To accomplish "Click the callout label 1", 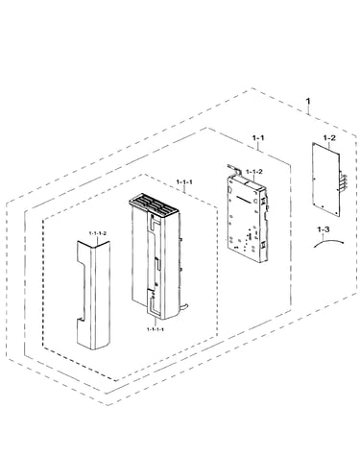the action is tap(308, 101).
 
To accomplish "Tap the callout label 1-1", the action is tap(258, 138).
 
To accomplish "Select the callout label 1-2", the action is tap(329, 138).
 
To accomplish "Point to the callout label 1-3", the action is tap(324, 229).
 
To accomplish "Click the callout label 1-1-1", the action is tap(184, 182).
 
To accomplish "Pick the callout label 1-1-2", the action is tap(254, 172).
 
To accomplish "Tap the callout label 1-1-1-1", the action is tap(156, 329).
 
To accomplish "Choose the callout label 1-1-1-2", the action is tap(97, 233).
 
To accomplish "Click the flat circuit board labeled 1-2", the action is tap(325, 180).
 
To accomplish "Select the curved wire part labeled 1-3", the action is tap(328, 241).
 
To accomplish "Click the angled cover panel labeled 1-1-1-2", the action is tap(93, 295).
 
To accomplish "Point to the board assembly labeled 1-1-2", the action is tap(248, 218).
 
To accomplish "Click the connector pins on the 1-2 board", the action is tap(343, 182).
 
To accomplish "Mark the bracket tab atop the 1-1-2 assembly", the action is tap(234, 170).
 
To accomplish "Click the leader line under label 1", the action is tap(308, 110).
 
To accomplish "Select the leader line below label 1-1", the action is tap(258, 146).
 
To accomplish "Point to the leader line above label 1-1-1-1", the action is tap(155, 323).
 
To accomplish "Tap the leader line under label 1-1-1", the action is tap(184, 188).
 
